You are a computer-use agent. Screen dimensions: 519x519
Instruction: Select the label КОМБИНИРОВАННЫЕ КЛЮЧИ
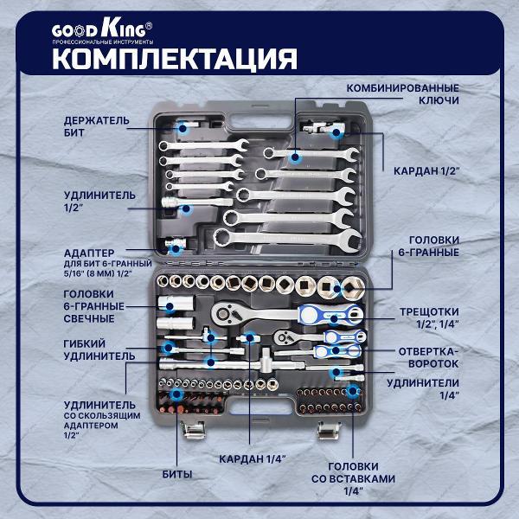pos(402,94)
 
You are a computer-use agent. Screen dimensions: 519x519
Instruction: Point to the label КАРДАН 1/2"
pos(425,170)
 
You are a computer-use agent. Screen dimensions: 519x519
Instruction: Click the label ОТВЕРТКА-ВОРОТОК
pos(427,358)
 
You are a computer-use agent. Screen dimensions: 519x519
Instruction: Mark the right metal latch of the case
pos(327,427)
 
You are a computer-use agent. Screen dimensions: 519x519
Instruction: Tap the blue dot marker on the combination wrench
pos(295,157)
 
